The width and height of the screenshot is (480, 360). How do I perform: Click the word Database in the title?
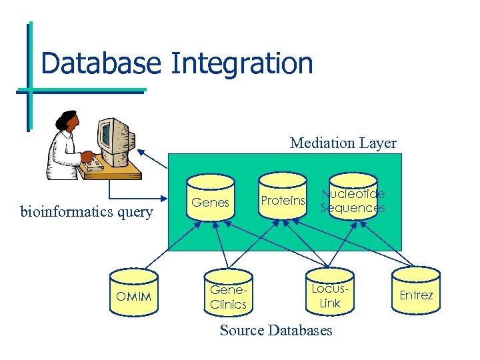tap(100, 63)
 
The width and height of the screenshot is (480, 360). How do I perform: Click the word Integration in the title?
tap(241, 63)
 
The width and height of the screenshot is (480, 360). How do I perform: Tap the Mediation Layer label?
tap(343, 143)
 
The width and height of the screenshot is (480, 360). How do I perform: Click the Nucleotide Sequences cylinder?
tap(353, 200)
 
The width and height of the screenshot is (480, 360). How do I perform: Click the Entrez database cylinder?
tap(416, 294)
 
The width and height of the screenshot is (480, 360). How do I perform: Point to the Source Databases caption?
tap(276, 331)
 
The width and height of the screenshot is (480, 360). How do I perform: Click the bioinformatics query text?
tap(87, 213)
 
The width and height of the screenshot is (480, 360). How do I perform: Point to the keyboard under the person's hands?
tap(95, 163)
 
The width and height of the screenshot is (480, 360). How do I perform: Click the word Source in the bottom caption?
tap(242, 331)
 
